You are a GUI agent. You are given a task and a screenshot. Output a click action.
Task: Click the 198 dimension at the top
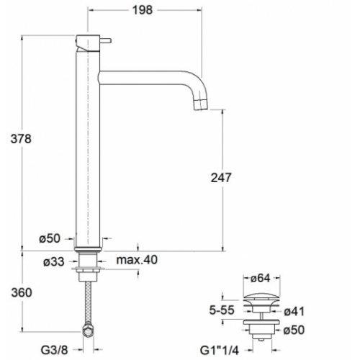[143, 10]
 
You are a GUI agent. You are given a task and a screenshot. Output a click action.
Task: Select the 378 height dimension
[21, 139]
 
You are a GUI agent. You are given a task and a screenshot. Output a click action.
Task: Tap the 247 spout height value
[221, 178]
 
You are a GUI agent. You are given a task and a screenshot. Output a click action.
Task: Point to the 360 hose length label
[22, 293]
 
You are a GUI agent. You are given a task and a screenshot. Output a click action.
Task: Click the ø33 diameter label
[54, 261]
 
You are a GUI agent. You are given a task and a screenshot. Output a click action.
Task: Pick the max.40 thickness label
[137, 260]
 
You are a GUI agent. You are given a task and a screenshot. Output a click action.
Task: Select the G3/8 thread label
[55, 350]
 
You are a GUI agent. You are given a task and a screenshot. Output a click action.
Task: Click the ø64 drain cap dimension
[261, 279]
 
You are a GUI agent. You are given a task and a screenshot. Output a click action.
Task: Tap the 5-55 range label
[222, 310]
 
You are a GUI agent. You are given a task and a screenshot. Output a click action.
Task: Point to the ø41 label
[294, 312]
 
